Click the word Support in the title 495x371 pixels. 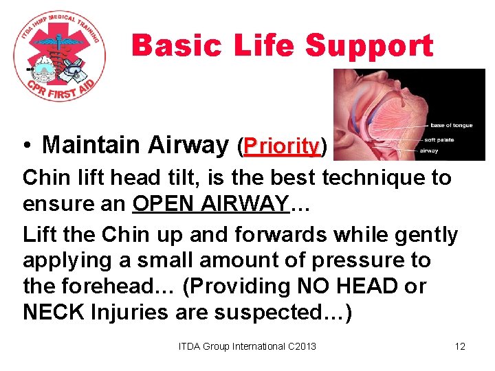369,47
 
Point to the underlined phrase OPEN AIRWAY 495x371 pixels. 210,205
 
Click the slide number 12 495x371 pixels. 460,346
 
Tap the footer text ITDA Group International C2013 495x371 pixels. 247,346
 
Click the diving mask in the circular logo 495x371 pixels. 73,67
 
